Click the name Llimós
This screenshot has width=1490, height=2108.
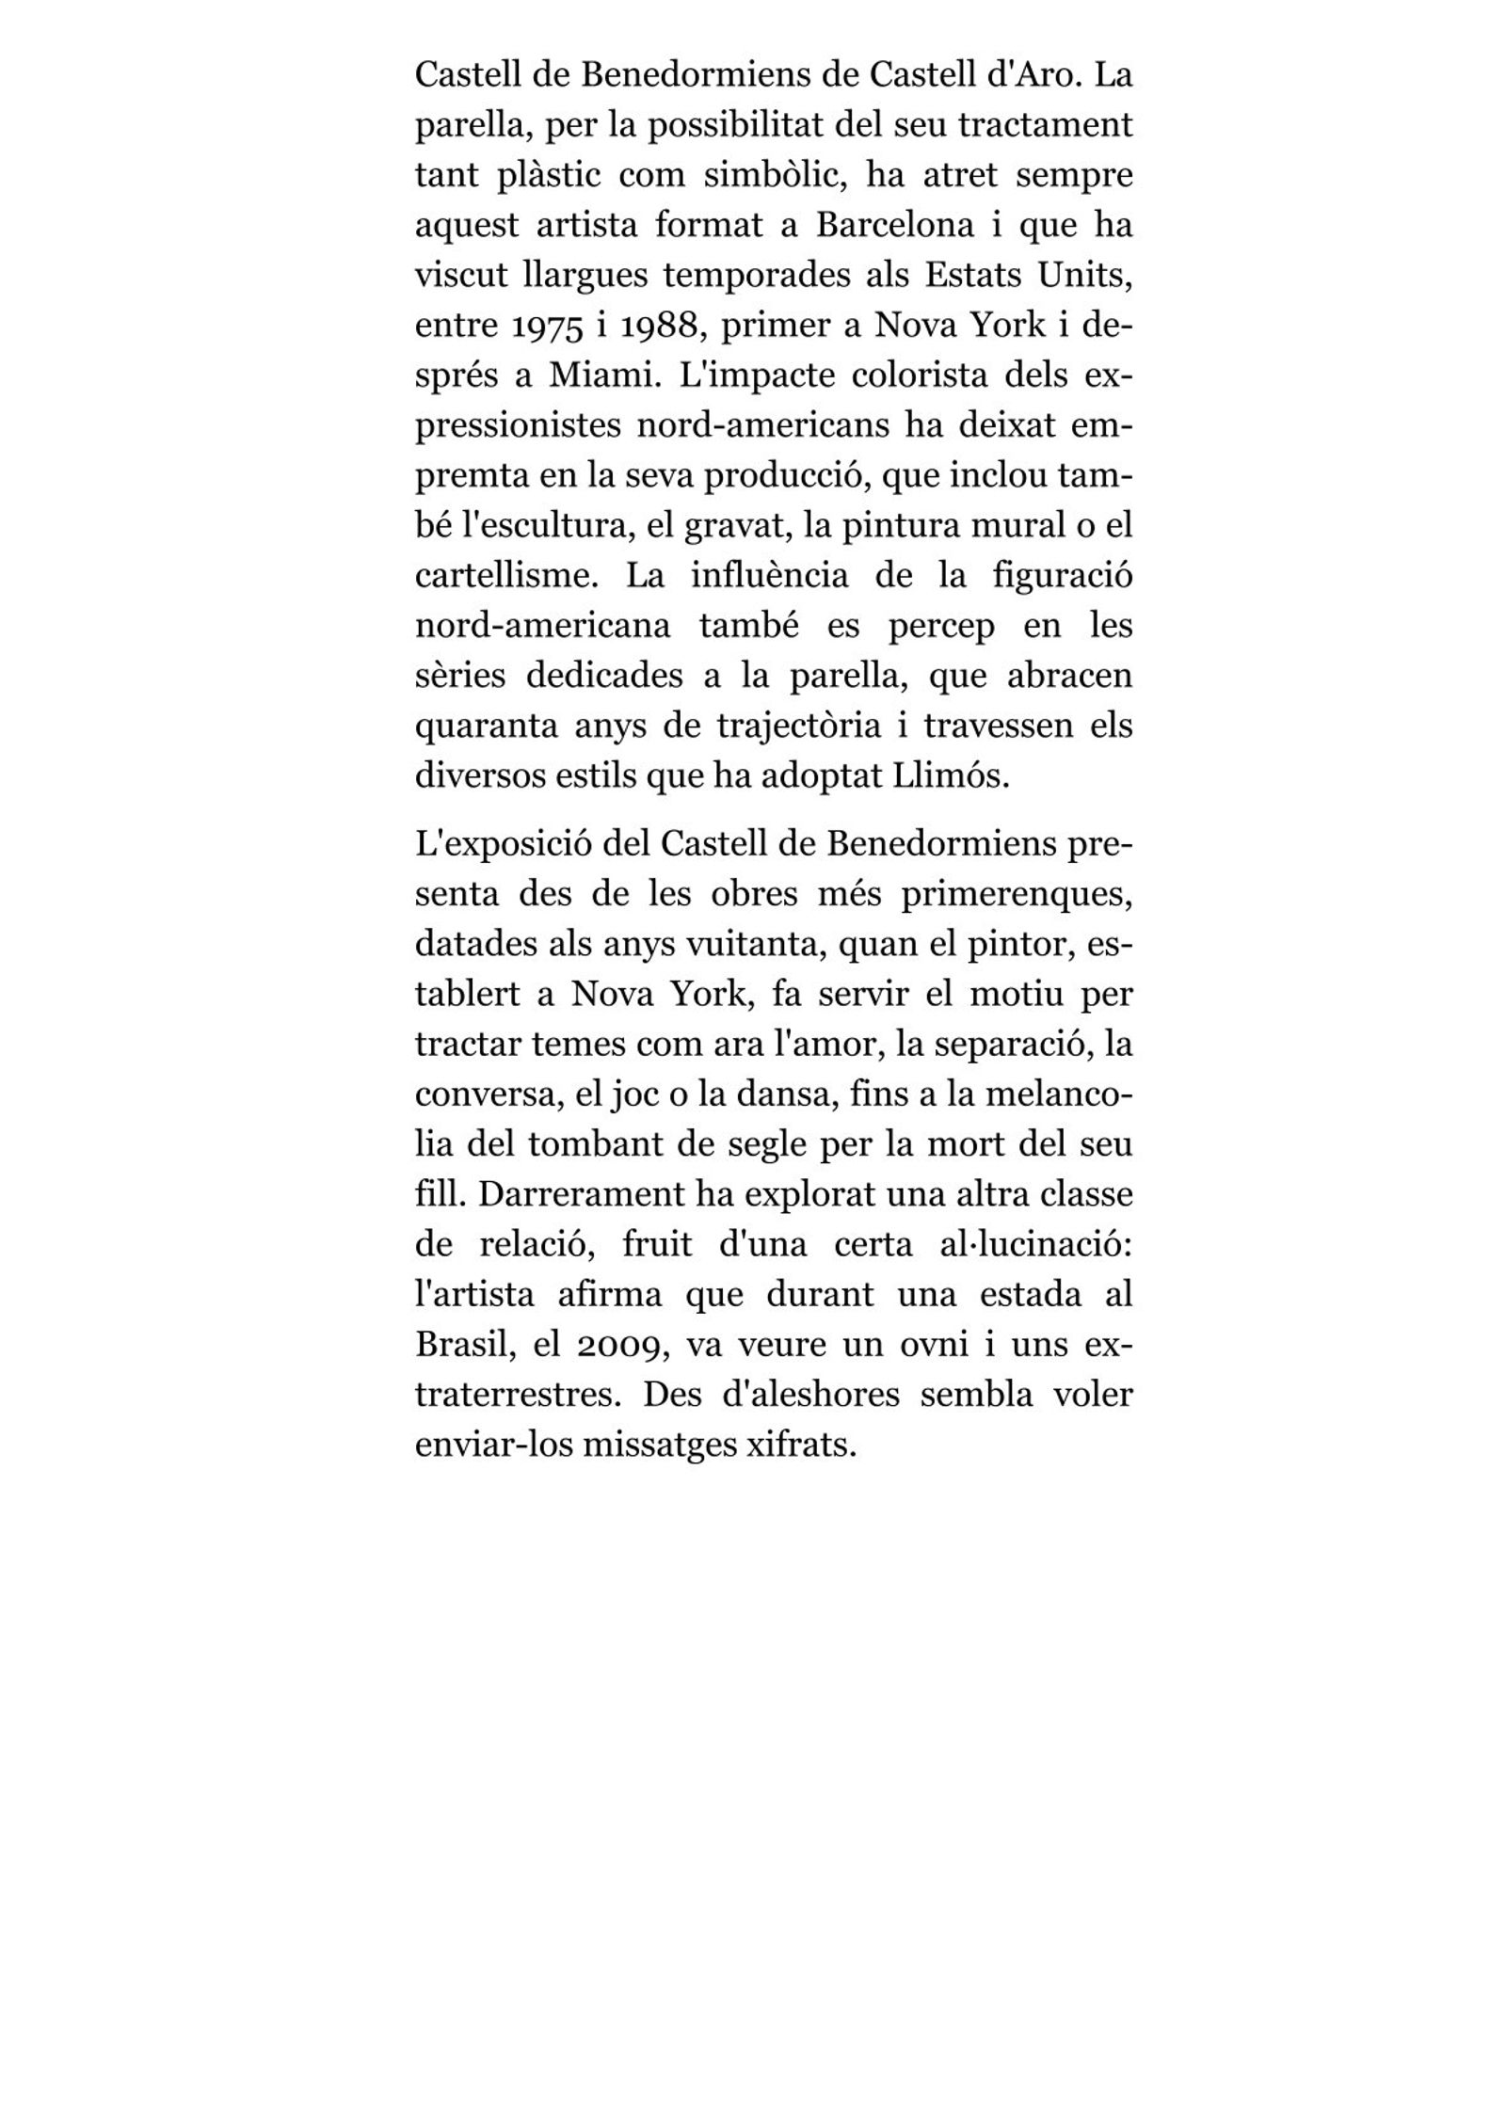click(950, 777)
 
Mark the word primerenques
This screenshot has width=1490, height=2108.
click(1017, 895)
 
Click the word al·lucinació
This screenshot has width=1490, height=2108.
click(1031, 1245)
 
